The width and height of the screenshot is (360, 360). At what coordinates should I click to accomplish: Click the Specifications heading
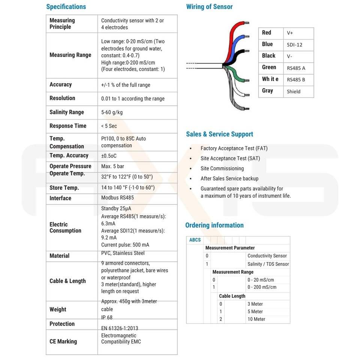[66, 7]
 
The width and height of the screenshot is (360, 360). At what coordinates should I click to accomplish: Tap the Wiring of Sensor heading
[209, 7]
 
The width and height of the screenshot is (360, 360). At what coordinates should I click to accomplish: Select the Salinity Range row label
[67, 112]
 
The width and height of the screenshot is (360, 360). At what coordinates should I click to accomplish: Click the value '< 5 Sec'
[109, 126]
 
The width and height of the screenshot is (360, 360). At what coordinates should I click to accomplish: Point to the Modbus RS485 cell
[117, 198]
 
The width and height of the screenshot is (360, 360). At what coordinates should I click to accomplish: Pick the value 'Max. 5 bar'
[112, 166]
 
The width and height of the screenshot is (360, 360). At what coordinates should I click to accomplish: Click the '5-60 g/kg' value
[112, 112]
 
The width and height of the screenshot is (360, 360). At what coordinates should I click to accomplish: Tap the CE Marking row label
[63, 341]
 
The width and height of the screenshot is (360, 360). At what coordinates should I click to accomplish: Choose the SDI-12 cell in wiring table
[294, 45]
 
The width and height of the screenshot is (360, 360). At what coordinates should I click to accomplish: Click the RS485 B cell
[296, 79]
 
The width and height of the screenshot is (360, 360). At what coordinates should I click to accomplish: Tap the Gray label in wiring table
[267, 91]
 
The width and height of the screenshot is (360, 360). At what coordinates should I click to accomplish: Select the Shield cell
[294, 91]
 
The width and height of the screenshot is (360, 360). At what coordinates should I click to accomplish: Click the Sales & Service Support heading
[219, 134]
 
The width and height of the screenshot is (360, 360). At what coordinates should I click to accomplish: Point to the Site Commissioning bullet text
[222, 168]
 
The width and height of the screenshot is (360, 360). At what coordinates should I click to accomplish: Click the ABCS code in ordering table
[195, 240]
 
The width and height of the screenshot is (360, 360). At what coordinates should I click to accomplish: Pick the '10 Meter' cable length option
[256, 319]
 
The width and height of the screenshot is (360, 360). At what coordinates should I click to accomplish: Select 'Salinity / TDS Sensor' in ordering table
[268, 264]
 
